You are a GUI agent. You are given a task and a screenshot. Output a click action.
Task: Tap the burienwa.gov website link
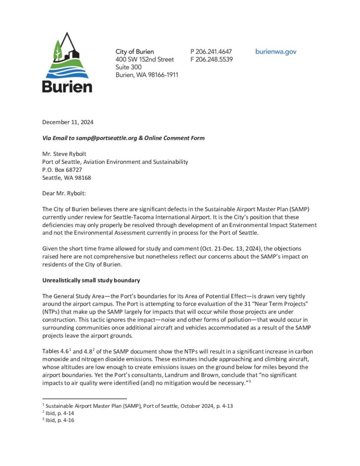pos(276,51)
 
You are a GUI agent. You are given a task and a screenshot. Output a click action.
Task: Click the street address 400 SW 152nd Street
pos(145,59)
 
